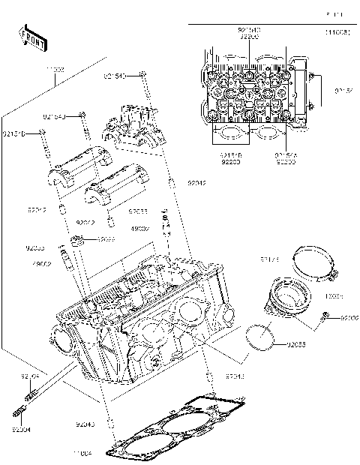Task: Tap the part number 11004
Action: [82, 454]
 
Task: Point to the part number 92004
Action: [22, 430]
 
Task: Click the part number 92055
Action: [296, 345]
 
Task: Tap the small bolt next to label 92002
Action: [325, 317]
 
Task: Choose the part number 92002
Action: [349, 318]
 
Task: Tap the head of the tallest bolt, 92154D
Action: [141, 75]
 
